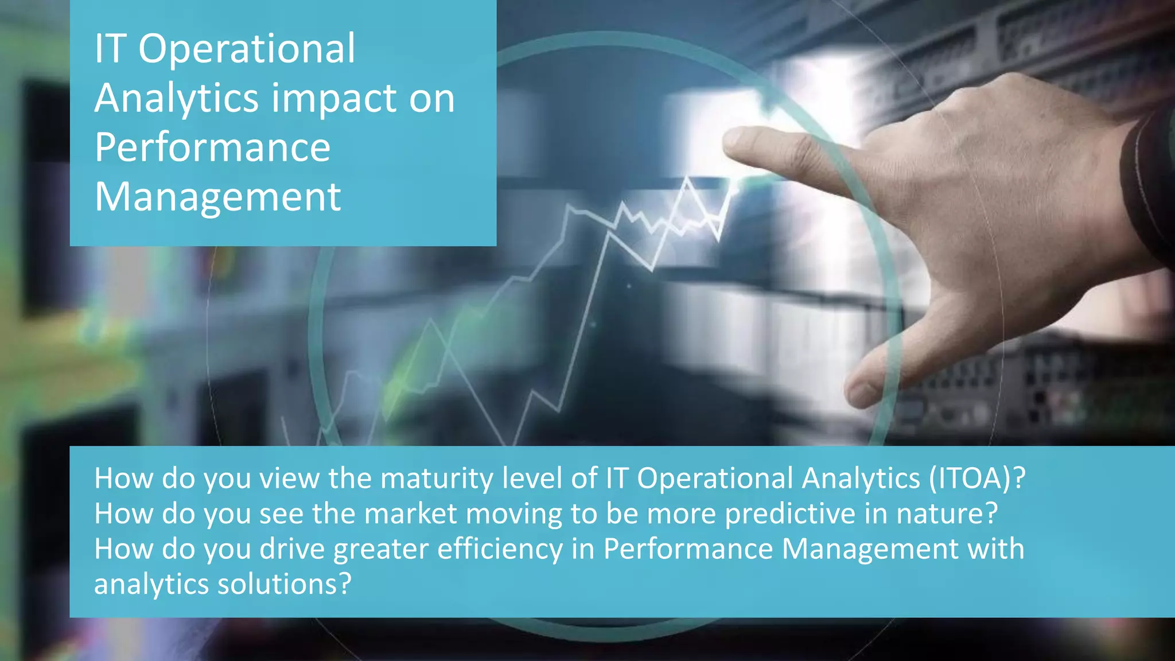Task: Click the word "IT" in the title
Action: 110,48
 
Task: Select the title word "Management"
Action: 218,197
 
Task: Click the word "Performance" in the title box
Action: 213,147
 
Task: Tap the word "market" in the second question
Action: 411,514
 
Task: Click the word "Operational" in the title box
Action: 247,48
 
